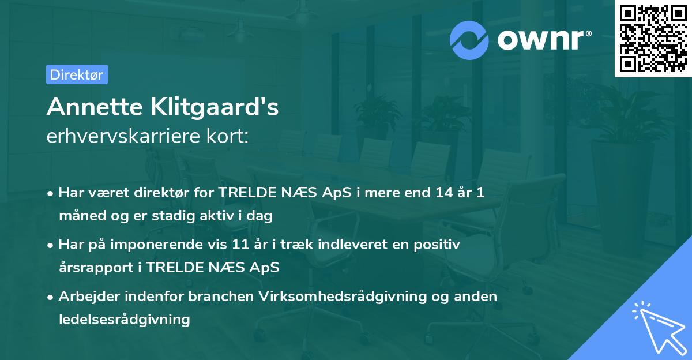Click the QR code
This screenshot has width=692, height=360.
653,39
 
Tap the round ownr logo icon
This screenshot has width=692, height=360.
470,40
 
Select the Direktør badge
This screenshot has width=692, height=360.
77,74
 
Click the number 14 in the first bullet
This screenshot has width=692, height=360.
445,193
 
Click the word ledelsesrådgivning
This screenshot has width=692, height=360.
124,319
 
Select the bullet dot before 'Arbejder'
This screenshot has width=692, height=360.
51,297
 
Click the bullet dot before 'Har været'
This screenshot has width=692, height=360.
51,193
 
